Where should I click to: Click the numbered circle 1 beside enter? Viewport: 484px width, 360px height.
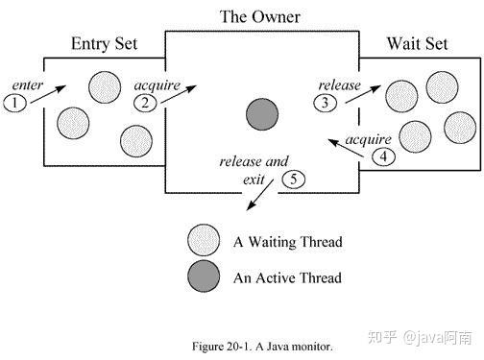click(14, 103)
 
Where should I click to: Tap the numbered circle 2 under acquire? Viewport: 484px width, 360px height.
click(145, 103)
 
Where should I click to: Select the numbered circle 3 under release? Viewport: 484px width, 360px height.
click(325, 103)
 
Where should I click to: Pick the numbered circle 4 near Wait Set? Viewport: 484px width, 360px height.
click(383, 156)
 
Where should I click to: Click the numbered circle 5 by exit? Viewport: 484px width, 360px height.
click(293, 180)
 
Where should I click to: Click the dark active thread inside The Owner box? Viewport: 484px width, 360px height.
click(262, 114)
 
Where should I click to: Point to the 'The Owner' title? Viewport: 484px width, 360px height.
click(260, 16)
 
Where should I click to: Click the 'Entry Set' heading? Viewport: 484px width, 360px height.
click(105, 44)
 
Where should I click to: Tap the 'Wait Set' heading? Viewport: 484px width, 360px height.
click(418, 43)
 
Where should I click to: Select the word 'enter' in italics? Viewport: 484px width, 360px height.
click(27, 85)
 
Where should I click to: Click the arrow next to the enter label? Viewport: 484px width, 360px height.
click(48, 94)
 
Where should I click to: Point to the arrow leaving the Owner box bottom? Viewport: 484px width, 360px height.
click(259, 195)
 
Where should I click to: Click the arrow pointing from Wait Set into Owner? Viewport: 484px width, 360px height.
click(347, 148)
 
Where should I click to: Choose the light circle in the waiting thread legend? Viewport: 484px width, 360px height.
click(204, 240)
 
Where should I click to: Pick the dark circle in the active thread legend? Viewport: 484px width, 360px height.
click(204, 276)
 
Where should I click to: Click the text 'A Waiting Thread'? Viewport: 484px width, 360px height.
click(288, 242)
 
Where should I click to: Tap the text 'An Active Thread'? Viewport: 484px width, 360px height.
click(287, 277)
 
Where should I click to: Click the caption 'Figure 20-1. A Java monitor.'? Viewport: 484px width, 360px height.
click(262, 347)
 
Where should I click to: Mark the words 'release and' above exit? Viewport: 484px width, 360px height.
click(254, 161)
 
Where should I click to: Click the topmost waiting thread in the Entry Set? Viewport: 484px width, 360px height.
click(105, 87)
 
